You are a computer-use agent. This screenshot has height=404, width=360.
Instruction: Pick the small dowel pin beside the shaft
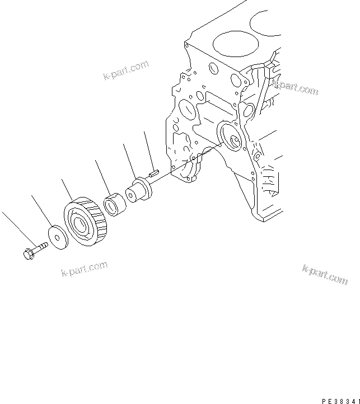[x=155, y=175]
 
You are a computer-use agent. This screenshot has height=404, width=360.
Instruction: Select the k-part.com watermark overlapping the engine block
[x=295, y=87]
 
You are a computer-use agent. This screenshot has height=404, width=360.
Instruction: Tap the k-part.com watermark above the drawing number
[x=325, y=275]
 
